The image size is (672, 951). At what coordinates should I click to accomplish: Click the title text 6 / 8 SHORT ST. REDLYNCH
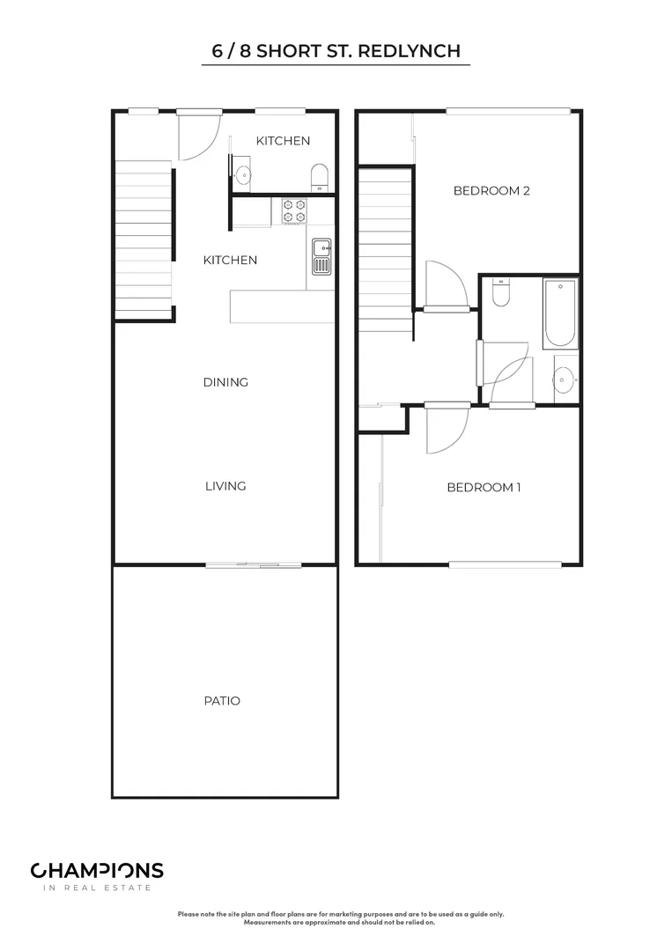click(336, 51)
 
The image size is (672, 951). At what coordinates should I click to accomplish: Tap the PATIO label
click(222, 701)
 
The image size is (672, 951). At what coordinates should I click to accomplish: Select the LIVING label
click(225, 486)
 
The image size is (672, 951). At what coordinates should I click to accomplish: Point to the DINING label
click(225, 382)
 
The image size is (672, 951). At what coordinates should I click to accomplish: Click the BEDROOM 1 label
click(484, 487)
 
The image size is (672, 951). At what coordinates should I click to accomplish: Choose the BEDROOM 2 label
click(491, 190)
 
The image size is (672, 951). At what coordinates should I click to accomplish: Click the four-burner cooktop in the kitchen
click(293, 210)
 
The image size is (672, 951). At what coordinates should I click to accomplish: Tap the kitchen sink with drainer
click(321, 255)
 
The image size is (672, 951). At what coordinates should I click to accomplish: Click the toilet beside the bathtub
click(500, 292)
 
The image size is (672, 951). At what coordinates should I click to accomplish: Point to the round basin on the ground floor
click(242, 173)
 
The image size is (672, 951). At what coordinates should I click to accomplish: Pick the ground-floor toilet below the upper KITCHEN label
click(320, 176)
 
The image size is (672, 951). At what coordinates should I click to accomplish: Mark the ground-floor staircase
click(144, 240)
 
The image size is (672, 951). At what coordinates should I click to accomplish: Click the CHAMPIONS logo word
click(97, 871)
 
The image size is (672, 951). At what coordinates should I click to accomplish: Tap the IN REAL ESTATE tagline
click(97, 888)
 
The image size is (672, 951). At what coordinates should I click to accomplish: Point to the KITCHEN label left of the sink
click(230, 260)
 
